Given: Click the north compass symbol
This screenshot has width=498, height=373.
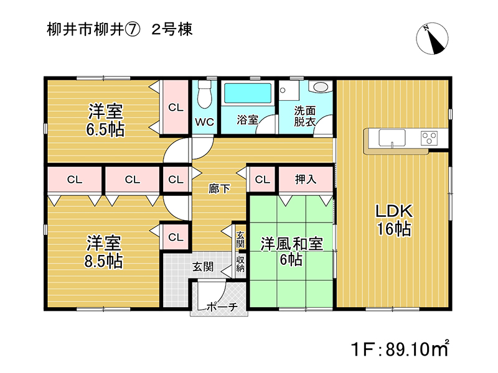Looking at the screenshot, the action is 432,39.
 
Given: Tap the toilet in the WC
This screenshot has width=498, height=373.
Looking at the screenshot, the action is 204,94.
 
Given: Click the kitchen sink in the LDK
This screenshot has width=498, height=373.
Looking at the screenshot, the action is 392,138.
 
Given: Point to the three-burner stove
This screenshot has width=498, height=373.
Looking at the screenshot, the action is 429,138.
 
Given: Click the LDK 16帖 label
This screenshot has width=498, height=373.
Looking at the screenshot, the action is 394,220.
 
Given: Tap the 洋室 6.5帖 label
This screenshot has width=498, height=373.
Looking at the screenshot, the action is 105,120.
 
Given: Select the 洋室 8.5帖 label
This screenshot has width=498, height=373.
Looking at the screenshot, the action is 103,252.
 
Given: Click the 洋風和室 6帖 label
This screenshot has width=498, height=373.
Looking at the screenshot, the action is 291,252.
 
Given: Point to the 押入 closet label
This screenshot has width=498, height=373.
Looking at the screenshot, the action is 306,180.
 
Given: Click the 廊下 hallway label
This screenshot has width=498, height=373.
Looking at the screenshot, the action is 219,189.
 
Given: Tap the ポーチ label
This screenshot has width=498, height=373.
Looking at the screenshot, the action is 222,306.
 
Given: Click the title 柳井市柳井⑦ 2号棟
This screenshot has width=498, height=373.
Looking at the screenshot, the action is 120,30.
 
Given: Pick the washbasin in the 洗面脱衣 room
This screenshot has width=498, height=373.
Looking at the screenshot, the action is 321,86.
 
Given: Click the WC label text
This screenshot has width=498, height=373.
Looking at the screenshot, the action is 205,122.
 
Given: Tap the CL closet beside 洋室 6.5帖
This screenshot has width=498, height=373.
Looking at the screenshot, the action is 176,108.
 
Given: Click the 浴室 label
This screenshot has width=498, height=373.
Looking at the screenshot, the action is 247,119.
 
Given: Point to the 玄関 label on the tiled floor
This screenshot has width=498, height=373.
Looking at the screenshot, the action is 203,267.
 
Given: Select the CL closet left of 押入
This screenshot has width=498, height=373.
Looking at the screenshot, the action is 262,180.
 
